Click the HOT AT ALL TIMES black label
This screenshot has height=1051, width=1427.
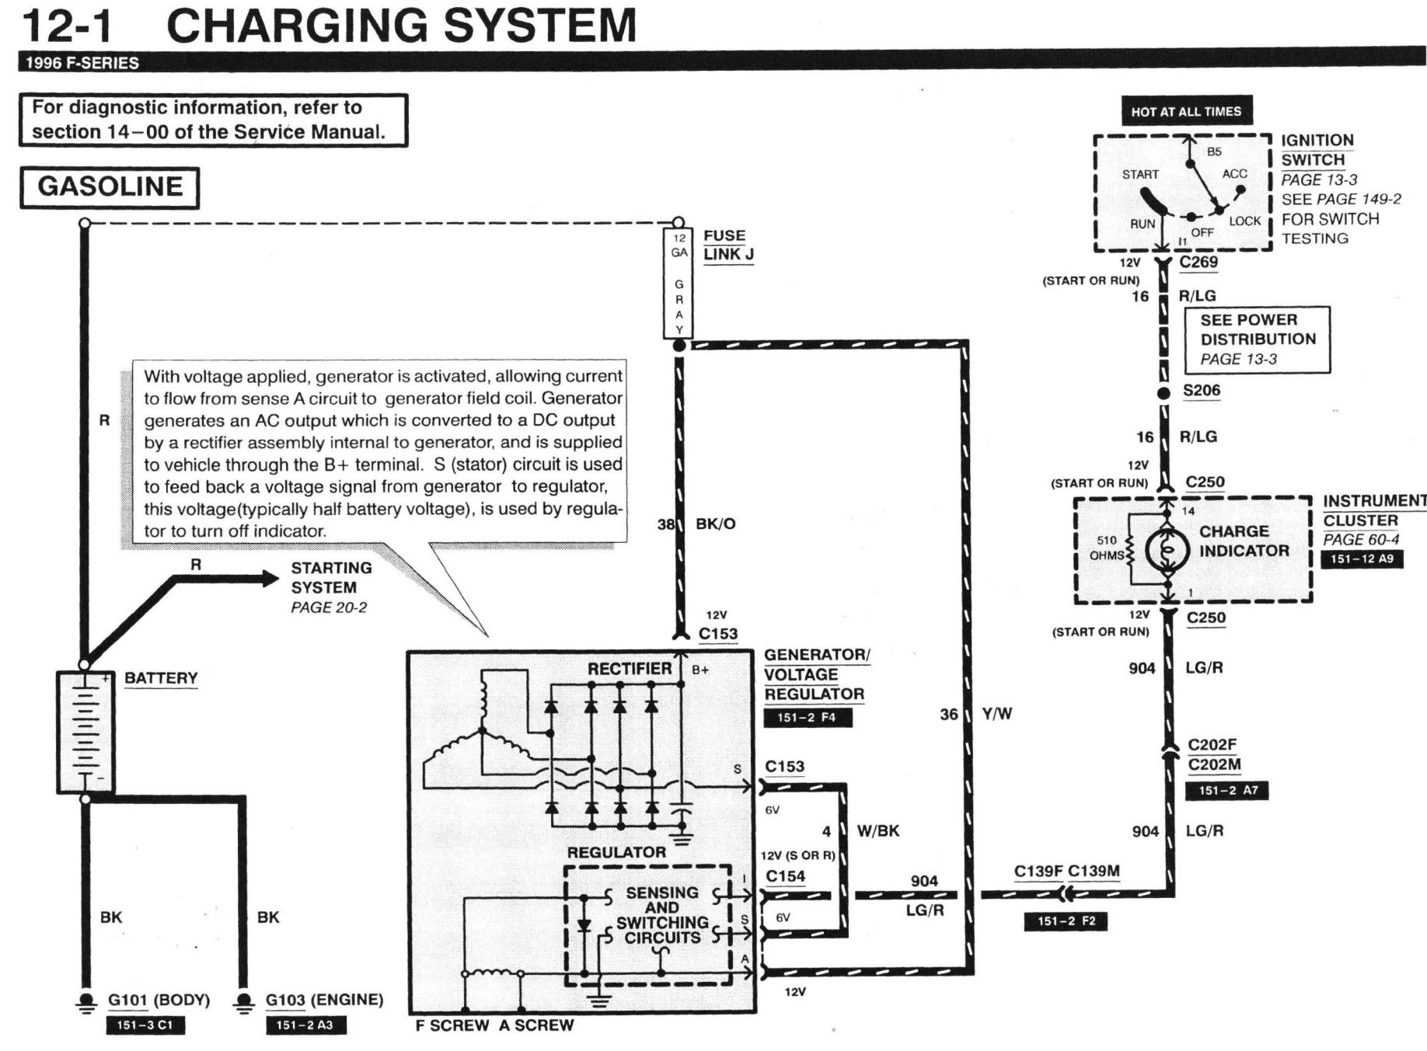pyautogui.click(x=1186, y=112)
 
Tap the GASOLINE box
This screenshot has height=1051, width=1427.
pyautogui.click(x=110, y=187)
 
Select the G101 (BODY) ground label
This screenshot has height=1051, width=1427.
pyautogui.click(x=159, y=1001)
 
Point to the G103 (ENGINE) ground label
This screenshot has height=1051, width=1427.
pyautogui.click(x=324, y=1001)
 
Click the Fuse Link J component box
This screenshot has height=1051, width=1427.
pyautogui.click(x=679, y=284)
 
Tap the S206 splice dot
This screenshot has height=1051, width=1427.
pyautogui.click(x=1164, y=393)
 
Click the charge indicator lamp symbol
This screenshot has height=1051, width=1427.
pyautogui.click(x=1167, y=550)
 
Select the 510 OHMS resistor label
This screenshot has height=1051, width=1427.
pyautogui.click(x=1107, y=548)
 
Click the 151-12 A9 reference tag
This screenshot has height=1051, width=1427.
pyautogui.click(x=1362, y=559)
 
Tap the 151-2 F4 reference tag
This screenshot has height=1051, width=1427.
pyautogui.click(x=807, y=718)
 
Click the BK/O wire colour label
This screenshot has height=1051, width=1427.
pyautogui.click(x=715, y=524)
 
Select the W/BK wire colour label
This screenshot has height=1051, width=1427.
pyautogui.click(x=878, y=831)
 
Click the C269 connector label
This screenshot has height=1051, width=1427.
pyautogui.click(x=1198, y=263)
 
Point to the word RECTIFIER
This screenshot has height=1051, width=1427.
pyautogui.click(x=630, y=669)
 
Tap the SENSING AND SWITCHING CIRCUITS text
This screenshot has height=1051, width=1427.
pyautogui.click(x=662, y=915)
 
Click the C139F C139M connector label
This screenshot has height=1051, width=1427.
pyautogui.click(x=1066, y=872)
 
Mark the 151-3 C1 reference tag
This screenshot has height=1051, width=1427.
pyautogui.click(x=145, y=1025)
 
